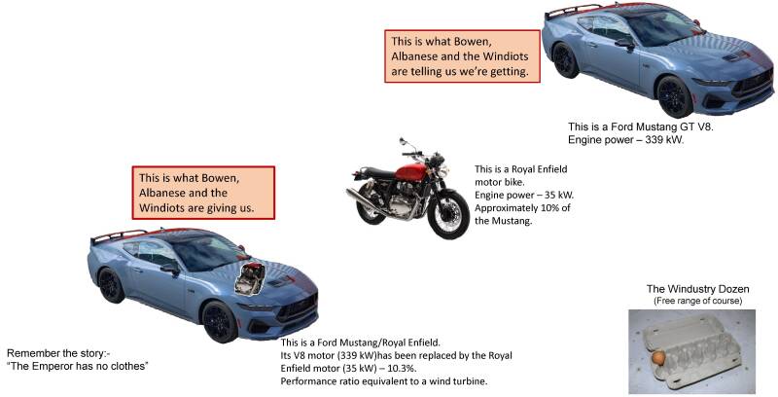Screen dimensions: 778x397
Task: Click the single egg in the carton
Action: coord(658,358)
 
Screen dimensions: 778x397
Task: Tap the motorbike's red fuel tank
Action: coord(411,172)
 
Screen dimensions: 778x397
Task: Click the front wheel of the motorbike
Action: coord(448,213)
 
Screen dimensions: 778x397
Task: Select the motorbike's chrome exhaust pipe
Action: coord(369,201)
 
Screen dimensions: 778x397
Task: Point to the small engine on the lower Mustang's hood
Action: coord(250,279)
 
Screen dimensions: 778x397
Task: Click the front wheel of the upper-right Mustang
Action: coord(674,96)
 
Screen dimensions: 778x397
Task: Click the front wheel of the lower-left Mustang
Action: coord(220,321)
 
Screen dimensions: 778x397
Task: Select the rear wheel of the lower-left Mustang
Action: coord(110,285)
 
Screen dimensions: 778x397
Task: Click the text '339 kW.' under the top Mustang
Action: coord(664,140)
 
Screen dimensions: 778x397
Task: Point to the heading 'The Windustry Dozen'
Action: coord(697,289)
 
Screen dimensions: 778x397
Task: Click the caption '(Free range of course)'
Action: coord(697,302)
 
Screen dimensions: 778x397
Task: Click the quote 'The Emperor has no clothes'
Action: coord(78,366)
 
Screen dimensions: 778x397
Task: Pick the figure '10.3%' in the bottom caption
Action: coord(405,369)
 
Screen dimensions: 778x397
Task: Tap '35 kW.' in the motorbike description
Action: coord(560,195)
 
